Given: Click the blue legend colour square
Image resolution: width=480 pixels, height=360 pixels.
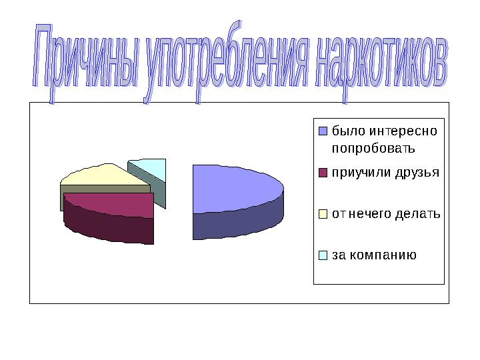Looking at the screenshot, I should point(323,130).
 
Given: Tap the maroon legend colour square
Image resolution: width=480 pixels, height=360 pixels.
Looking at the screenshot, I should point(323,173).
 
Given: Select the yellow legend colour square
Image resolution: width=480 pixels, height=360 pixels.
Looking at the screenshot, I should point(323,214).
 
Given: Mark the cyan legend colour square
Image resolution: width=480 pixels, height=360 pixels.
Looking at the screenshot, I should point(323,255).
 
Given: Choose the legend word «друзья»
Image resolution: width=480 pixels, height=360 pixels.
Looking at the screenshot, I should point(417,173).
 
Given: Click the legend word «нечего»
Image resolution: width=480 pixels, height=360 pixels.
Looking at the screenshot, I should point(373,214).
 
